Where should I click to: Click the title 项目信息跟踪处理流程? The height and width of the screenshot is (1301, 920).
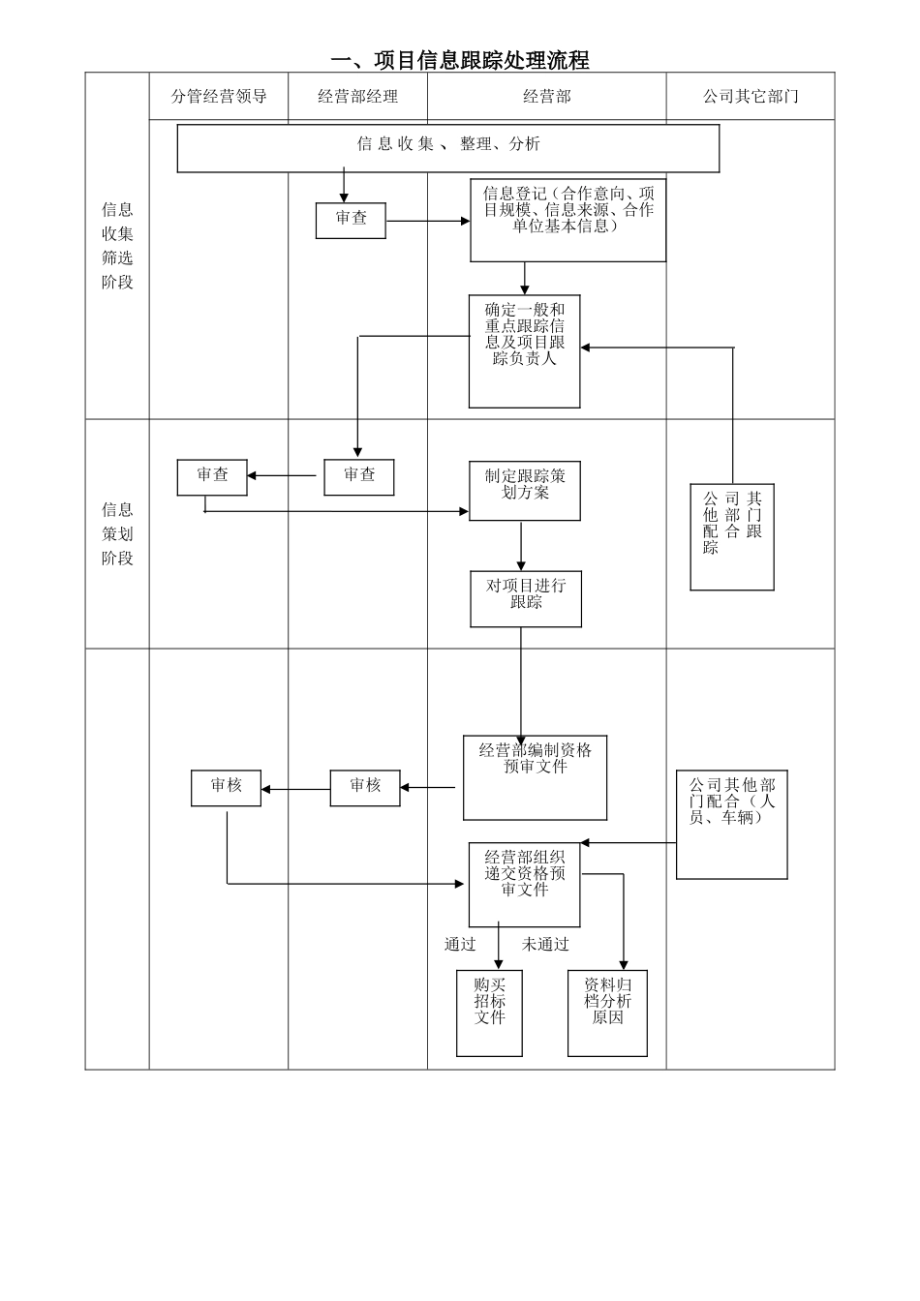460,60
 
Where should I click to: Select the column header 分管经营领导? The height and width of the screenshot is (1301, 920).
219,96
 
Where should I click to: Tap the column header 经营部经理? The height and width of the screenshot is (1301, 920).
357,96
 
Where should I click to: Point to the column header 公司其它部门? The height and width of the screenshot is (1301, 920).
751,96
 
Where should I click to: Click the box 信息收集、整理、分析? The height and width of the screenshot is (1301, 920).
447,148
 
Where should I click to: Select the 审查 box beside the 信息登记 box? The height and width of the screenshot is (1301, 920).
351,220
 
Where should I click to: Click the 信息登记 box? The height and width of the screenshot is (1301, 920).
567,220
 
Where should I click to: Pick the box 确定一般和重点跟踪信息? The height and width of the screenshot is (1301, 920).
524,350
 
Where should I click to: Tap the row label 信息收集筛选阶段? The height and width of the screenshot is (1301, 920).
117,246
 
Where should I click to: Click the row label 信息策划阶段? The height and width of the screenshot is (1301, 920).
117,533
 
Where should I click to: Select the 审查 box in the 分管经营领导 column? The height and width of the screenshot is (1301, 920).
212,476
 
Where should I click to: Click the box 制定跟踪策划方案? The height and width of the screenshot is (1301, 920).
524,491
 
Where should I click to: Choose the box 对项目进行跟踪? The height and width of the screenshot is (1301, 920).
526,598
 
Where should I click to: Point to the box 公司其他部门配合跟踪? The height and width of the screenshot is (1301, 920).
732,536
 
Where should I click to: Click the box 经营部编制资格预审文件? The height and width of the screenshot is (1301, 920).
535,777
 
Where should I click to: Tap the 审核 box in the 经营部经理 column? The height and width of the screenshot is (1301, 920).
365,787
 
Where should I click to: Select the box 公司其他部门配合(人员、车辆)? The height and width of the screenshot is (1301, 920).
731,824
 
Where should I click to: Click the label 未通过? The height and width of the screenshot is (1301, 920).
545,945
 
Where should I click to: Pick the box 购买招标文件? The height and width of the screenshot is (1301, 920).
489,1013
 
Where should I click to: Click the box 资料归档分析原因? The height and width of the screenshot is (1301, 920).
607,1013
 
